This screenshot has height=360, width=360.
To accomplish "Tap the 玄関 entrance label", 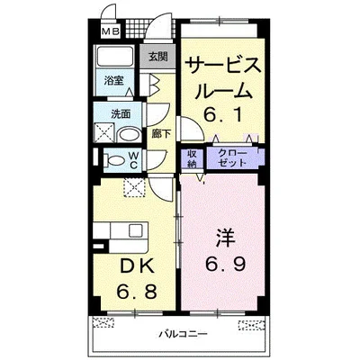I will [157, 56].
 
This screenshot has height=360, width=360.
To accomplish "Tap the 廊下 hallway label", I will [159, 133].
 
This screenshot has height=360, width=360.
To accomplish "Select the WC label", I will [131, 160].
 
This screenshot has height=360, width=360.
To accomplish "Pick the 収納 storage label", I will [193, 157].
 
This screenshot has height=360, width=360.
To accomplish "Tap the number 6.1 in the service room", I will [223, 114].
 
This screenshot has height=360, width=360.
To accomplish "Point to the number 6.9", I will [223, 265].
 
